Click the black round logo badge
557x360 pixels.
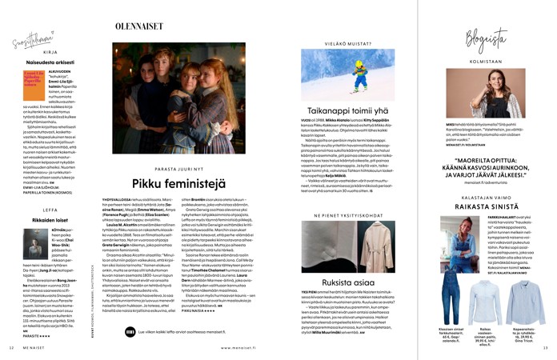pos(131,330)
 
